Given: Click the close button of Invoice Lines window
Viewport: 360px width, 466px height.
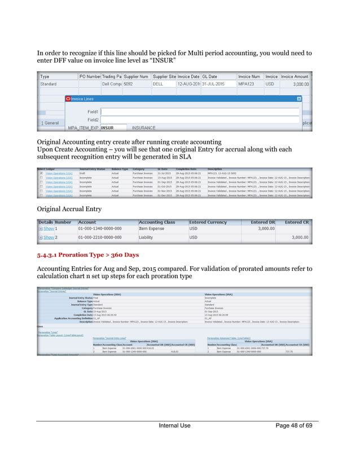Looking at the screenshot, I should (x=299, y=98).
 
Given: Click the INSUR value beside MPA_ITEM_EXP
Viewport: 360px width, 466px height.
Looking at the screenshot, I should (x=107, y=128).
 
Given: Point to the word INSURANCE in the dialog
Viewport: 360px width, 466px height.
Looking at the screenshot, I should (x=143, y=128).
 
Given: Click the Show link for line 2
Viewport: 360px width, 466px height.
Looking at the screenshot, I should (x=49, y=238).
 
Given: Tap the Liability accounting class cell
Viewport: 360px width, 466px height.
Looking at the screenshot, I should (x=147, y=238).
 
